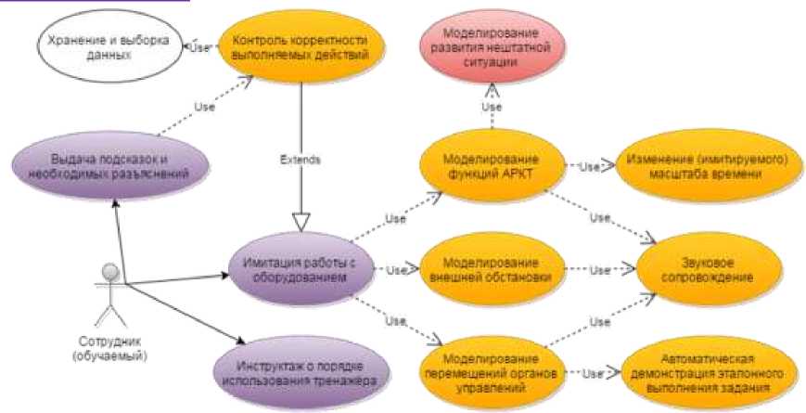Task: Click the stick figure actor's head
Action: coord(110,272)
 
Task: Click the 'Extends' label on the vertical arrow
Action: coord(300,160)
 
